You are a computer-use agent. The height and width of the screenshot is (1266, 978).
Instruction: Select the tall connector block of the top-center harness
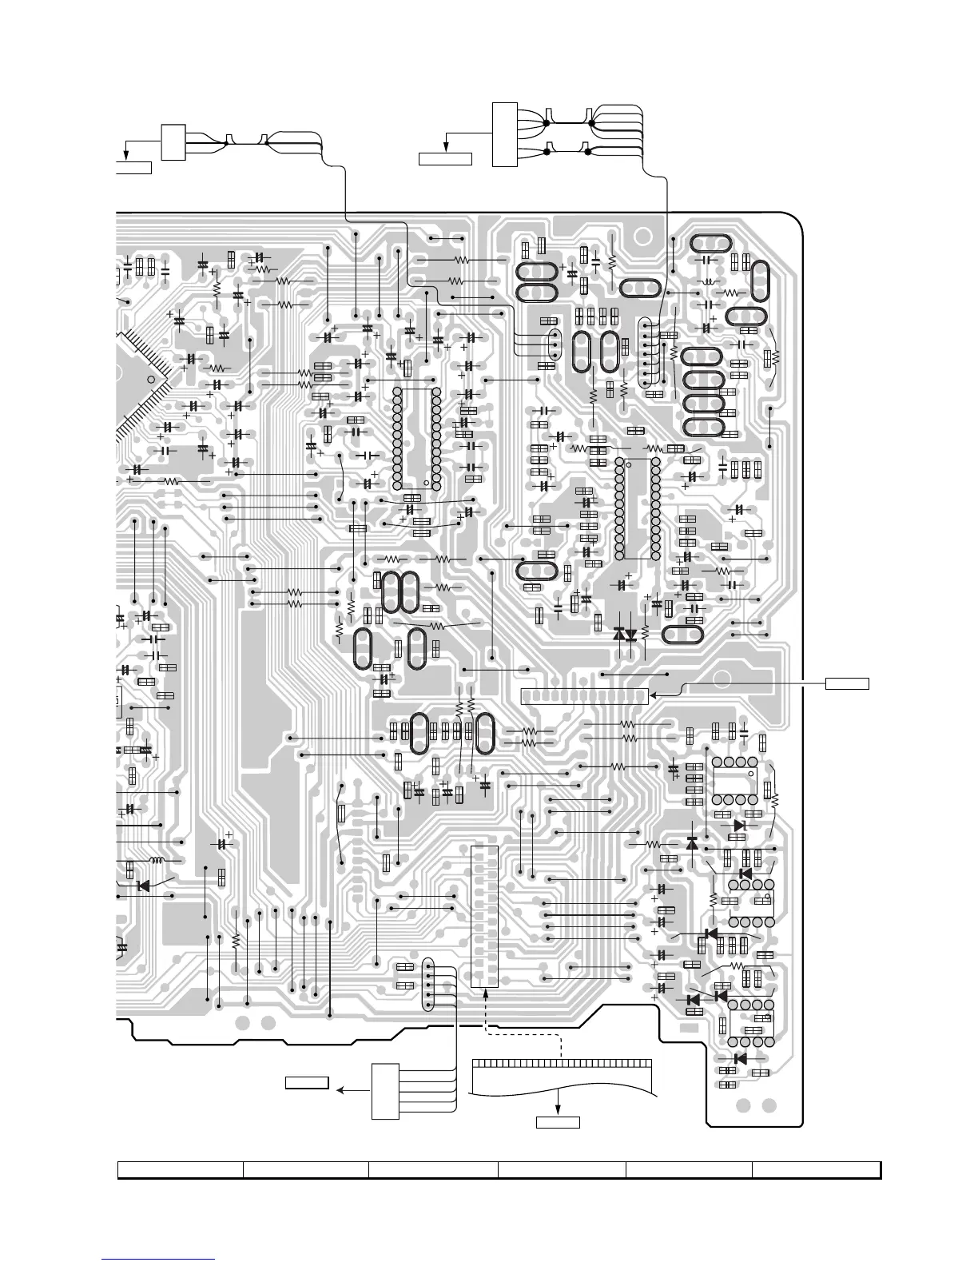pyautogui.click(x=505, y=134)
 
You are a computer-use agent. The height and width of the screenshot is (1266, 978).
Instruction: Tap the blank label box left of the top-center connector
pyautogui.click(x=445, y=158)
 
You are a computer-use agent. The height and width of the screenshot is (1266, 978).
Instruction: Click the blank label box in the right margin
pyautogui.click(x=847, y=683)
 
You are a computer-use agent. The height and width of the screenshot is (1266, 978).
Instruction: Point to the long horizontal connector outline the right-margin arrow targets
pyautogui.click(x=584, y=695)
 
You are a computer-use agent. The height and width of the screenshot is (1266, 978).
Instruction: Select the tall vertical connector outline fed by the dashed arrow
pyautogui.click(x=485, y=916)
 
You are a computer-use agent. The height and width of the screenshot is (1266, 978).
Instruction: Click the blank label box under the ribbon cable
pyautogui.click(x=557, y=1122)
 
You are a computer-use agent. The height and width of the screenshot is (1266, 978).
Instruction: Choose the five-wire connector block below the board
pyautogui.click(x=385, y=1091)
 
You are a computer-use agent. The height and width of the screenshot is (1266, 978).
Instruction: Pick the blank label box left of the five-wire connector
pyautogui.click(x=308, y=1083)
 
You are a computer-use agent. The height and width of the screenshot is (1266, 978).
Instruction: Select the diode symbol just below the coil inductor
pyautogui.click(x=144, y=886)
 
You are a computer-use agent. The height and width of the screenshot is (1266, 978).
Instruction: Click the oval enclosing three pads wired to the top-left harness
pyautogui.click(x=554, y=345)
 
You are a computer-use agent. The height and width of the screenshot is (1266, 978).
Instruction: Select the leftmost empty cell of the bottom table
pyautogui.click(x=181, y=1170)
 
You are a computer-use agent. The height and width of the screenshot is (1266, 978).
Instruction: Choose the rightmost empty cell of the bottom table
pyautogui.click(x=816, y=1170)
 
